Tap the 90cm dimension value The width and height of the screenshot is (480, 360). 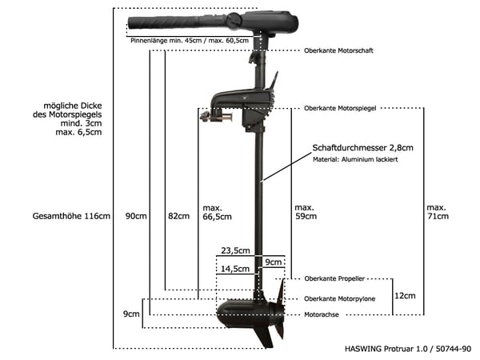137,216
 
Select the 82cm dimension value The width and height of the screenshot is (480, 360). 178,216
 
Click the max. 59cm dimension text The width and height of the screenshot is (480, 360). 305,211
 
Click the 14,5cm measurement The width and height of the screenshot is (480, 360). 235,269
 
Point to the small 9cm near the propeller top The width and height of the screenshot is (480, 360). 274,262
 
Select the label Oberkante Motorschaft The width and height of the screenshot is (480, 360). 338,50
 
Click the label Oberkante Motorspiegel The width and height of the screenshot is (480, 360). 340,108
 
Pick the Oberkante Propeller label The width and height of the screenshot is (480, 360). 334,279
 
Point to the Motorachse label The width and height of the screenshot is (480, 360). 323,315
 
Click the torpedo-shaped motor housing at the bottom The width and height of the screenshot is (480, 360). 240,314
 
